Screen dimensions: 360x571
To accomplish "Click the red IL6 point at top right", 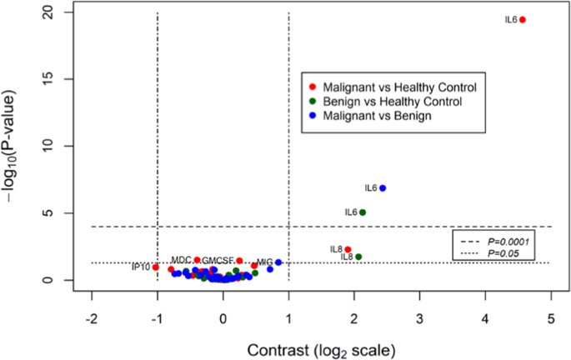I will pos(523,20).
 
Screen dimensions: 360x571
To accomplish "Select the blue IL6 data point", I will pos(383,188).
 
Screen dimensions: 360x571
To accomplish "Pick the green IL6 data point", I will pos(363,212).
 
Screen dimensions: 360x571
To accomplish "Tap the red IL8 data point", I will pos(348,250).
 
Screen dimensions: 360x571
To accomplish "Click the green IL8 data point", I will pos(358,257).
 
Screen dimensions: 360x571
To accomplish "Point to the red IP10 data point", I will pos(156,267).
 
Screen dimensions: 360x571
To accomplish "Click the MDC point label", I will pos(181,261).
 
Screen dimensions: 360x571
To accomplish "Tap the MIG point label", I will pos(264,262).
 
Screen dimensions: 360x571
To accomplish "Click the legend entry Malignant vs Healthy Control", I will pos(399,87).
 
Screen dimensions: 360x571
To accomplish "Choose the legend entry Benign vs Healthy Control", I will pos(392,101).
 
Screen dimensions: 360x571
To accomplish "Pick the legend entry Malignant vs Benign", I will pos(377,116).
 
